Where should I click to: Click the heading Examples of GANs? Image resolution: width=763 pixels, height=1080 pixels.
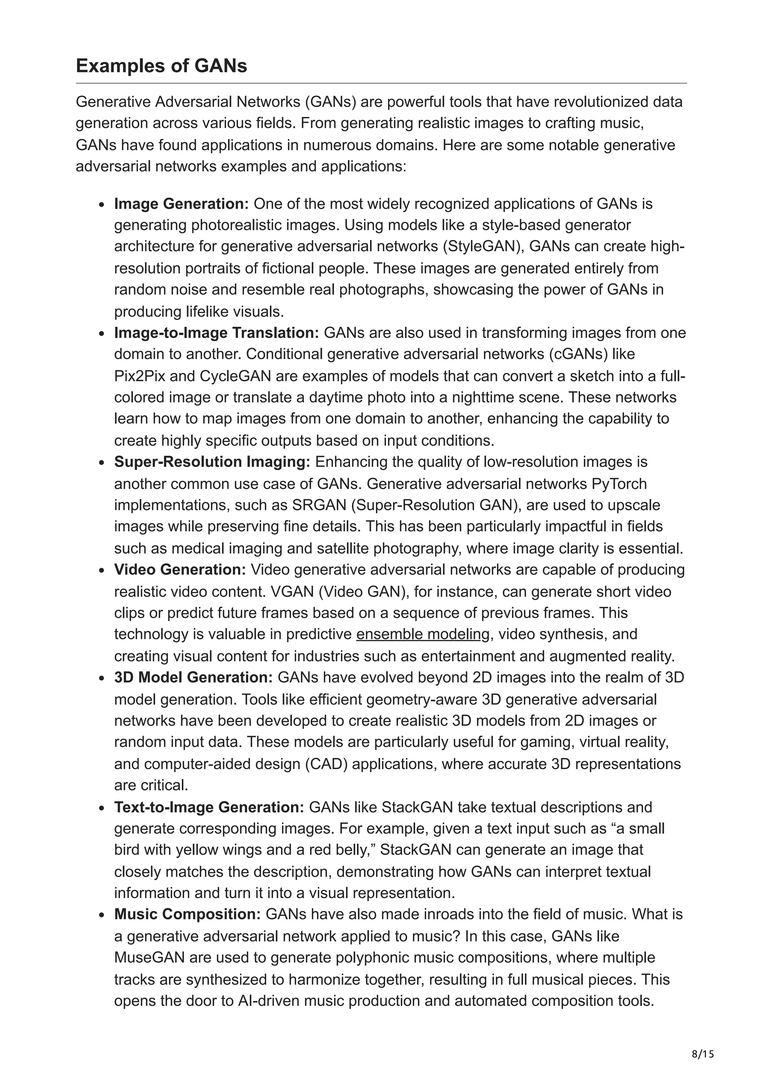pos(161,66)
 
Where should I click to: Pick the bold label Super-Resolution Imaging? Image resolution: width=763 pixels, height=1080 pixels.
pos(212,462)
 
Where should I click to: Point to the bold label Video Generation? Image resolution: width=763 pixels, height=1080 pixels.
pos(180,570)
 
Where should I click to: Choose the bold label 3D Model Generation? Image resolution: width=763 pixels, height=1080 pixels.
pos(193,678)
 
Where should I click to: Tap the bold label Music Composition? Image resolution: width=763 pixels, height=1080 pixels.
pos(187,915)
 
